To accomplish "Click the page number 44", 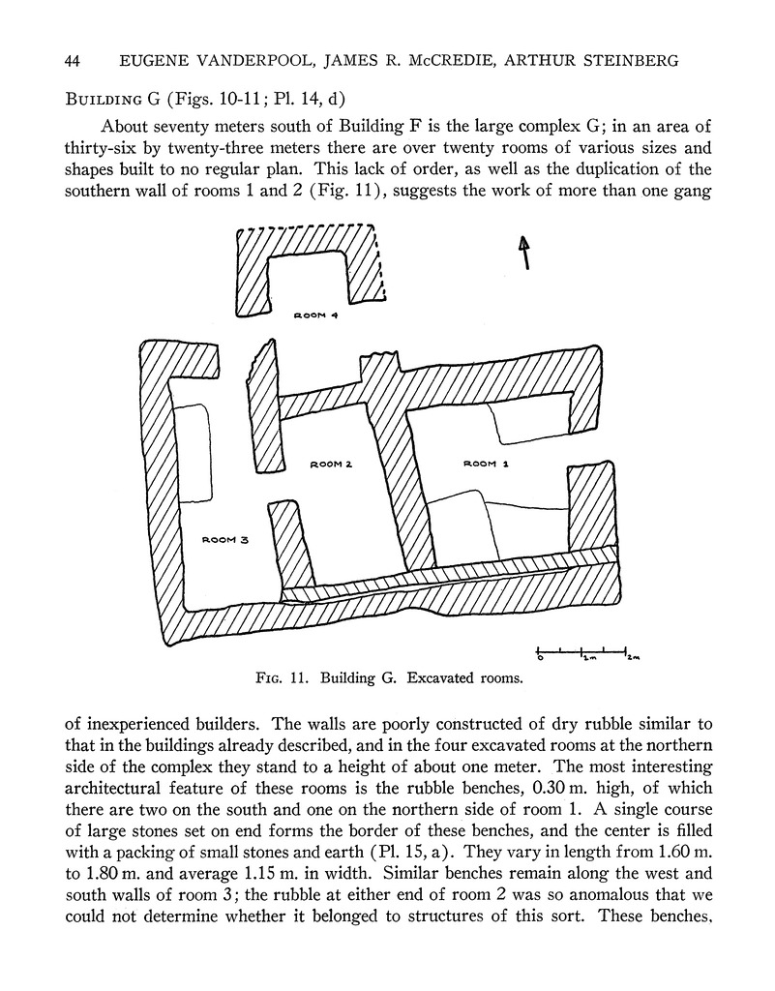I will click(71, 61).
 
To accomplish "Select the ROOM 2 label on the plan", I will click(330, 465).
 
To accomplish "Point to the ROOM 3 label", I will click(225, 540).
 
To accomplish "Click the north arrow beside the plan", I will click(525, 254).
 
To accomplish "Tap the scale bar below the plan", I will click(581, 648).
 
